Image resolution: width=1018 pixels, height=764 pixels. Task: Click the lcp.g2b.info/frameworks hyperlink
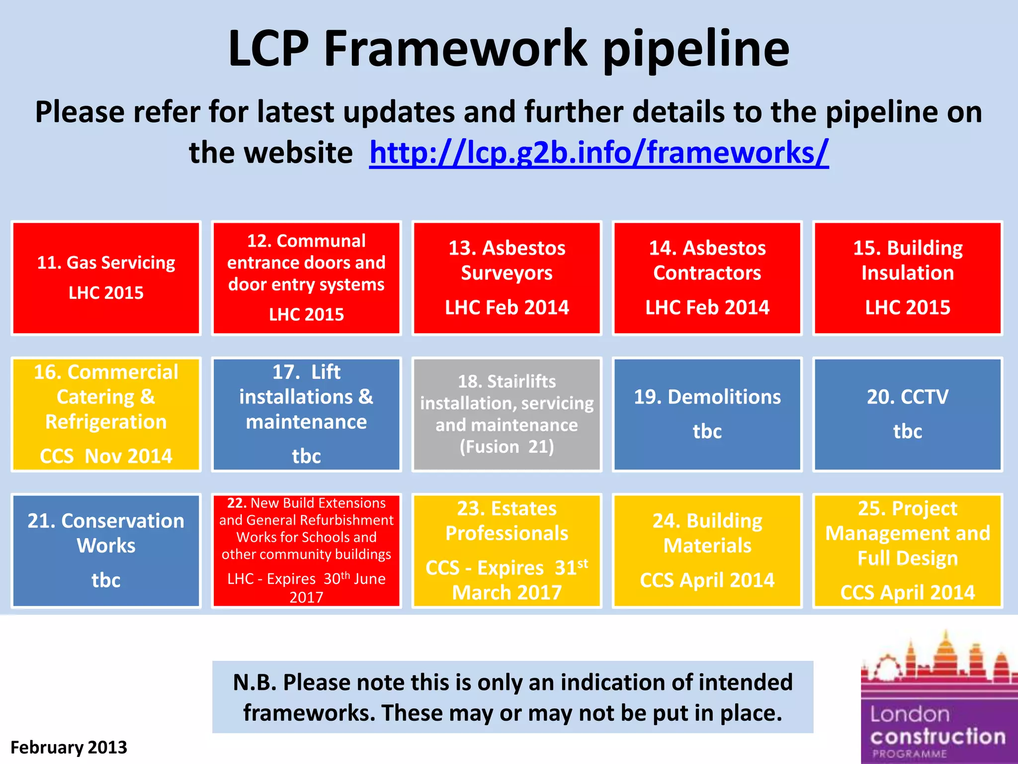pyautogui.click(x=598, y=152)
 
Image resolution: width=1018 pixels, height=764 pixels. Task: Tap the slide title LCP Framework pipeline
pyautogui.click(x=509, y=48)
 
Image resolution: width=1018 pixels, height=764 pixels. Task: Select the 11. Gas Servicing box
pyautogui.click(x=106, y=278)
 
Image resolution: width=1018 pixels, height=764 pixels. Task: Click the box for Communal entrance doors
pyautogui.click(x=306, y=278)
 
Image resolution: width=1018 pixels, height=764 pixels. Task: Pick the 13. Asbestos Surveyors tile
pyautogui.click(x=507, y=278)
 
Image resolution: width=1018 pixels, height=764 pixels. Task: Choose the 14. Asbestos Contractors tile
pyautogui.click(x=707, y=278)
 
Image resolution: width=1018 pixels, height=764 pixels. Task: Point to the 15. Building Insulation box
pyautogui.click(x=907, y=278)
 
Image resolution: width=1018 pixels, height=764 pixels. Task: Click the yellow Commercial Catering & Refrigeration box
pyautogui.click(x=106, y=414)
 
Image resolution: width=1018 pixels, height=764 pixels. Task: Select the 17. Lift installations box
pyautogui.click(x=306, y=414)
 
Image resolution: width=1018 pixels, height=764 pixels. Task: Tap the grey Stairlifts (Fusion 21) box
pyautogui.click(x=507, y=414)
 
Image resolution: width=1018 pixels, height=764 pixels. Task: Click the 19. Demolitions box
pyautogui.click(x=707, y=414)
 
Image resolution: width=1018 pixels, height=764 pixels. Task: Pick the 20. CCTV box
pyautogui.click(x=907, y=414)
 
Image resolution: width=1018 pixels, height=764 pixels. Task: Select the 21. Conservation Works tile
pyautogui.click(x=106, y=551)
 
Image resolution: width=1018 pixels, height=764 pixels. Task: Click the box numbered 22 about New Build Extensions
pyautogui.click(x=306, y=551)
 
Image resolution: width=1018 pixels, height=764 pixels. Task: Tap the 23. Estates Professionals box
pyautogui.click(x=507, y=551)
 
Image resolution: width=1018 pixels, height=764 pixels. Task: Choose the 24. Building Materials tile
pyautogui.click(x=707, y=551)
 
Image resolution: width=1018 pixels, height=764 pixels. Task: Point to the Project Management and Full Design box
pyautogui.click(x=907, y=551)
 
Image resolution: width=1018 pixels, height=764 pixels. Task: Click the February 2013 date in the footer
pyautogui.click(x=69, y=747)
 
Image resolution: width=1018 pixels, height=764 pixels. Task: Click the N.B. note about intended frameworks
pyautogui.click(x=512, y=697)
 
